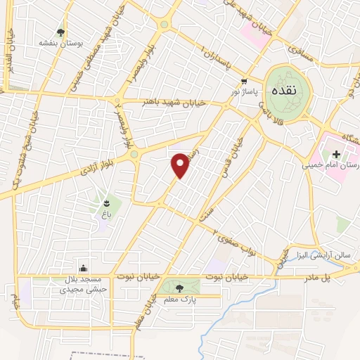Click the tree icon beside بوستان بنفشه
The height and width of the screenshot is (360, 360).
tap(61, 32)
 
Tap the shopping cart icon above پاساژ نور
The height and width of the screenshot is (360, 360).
tap(244, 81)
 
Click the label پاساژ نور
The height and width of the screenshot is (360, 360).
tap(246, 91)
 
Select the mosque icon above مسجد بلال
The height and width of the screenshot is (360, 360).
tap(84, 267)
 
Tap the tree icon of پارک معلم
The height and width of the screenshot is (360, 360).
tap(179, 286)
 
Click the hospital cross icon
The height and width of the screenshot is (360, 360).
tap(336, 154)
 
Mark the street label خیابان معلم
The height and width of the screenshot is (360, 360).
tap(143, 309)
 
